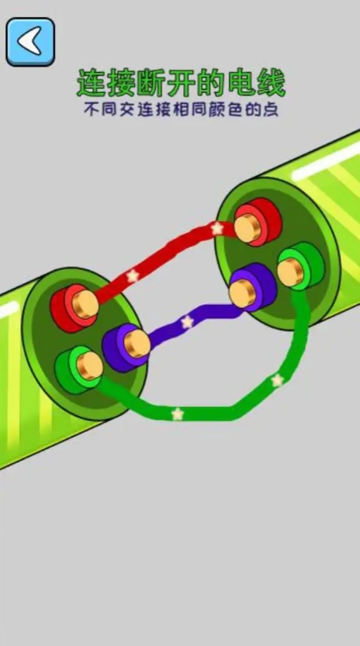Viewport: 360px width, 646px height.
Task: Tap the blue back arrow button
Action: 30,42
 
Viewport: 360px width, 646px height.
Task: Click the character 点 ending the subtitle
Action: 271,110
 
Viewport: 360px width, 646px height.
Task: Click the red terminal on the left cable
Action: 74,307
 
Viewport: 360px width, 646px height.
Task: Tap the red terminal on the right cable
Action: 258,223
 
